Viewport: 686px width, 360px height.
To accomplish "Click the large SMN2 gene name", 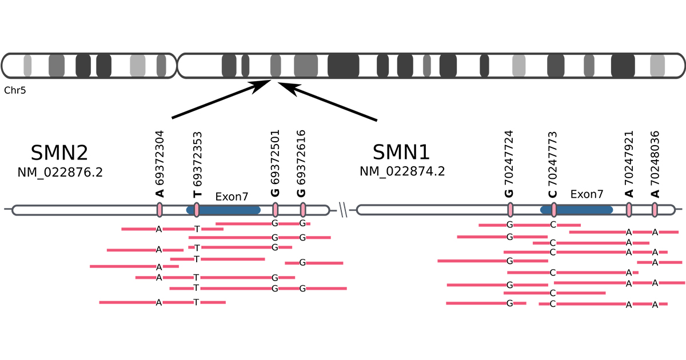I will point(59,153).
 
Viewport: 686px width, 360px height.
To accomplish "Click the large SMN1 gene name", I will point(401,153).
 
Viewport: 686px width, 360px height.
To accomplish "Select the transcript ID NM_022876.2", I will point(60,172).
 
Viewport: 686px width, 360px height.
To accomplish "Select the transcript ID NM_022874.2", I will point(402,171).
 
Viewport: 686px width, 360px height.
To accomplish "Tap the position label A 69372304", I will point(160,163).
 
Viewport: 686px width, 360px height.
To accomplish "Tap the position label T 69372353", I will point(197,163).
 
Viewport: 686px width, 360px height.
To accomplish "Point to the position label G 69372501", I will point(275,163).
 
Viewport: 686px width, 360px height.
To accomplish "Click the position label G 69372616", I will point(302,163).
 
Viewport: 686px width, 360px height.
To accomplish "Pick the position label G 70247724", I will point(509,163).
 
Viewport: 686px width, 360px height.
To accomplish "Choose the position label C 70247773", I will point(553,163).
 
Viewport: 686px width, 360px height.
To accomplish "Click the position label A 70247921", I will point(628,163).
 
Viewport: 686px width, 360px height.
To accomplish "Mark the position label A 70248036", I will point(655,163).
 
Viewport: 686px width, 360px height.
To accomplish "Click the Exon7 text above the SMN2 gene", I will point(232,197).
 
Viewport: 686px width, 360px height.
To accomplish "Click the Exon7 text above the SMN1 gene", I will point(587,194).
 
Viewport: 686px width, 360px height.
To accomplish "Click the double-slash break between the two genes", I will point(343,210).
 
